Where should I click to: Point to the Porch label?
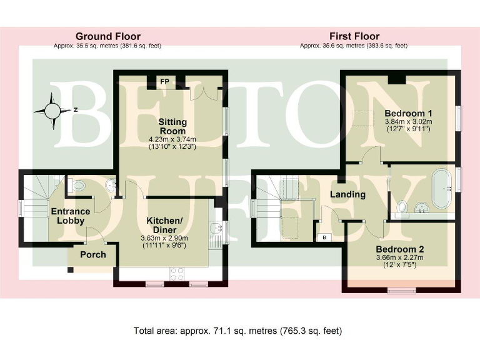92,254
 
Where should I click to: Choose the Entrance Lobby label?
69,216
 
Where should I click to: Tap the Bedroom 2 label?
400,249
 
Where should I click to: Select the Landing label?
347,194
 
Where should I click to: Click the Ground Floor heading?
108,36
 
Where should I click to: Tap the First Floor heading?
354,36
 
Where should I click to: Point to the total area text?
237,330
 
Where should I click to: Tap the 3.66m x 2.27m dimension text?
400,257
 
